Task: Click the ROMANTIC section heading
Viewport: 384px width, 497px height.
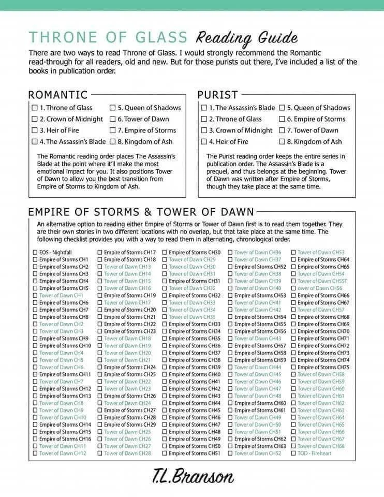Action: (57, 95)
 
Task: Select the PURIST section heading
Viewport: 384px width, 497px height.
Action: (217, 95)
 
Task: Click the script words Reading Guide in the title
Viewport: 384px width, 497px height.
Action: (247, 37)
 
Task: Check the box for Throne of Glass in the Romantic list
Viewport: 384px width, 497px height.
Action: (35, 108)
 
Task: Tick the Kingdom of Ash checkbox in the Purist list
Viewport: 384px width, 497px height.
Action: (282, 141)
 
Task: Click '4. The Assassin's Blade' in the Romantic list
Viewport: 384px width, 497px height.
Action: (72, 141)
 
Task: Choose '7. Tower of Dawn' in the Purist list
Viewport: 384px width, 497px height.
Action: (316, 130)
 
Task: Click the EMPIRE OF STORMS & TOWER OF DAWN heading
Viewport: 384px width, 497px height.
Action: (140, 211)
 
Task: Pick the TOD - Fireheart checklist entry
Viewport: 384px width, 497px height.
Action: (314, 453)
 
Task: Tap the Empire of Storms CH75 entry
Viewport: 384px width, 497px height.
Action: (323, 367)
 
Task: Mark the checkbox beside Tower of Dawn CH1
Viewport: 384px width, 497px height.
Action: (35, 295)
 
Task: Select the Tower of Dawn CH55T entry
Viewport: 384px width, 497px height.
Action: (322, 281)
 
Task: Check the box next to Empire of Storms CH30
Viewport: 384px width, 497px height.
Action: (165, 252)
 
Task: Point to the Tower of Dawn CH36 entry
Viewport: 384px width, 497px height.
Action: (257, 252)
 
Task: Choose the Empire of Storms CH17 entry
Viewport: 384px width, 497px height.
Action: (129, 252)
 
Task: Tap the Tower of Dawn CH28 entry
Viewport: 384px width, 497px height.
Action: (127, 453)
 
